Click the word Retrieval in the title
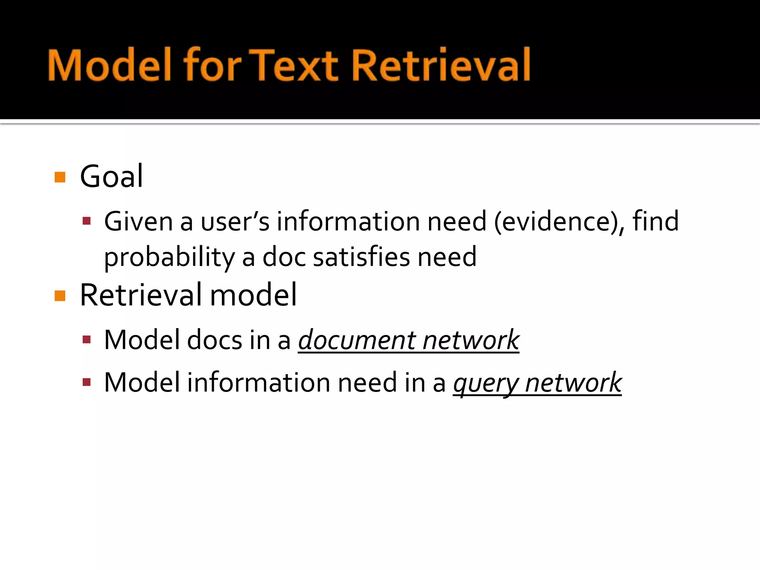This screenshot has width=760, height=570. [x=440, y=65]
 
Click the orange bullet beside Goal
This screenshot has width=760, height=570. [x=60, y=177]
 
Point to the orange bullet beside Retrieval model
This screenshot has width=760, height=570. [x=60, y=296]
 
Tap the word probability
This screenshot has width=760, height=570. [x=169, y=257]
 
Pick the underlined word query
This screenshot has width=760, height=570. [x=485, y=383]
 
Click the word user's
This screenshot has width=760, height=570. [x=235, y=222]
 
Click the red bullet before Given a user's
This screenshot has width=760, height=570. [x=87, y=222]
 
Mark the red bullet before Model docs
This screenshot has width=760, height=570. [x=87, y=340]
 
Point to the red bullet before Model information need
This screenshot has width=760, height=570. [x=87, y=382]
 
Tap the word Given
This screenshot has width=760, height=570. [x=138, y=222]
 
